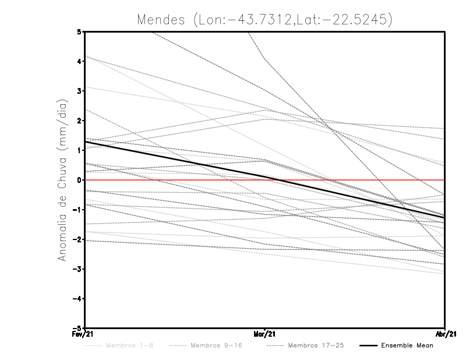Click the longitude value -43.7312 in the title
[264, 19]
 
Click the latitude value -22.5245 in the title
[355, 19]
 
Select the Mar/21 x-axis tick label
[264, 334]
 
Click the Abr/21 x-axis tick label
[444, 334]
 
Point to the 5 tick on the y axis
[79, 31]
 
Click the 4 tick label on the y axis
[79, 61]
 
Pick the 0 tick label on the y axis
[79, 179]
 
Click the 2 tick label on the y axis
[79, 121]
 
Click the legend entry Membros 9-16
[216, 346]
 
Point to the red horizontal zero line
[349, 180]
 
